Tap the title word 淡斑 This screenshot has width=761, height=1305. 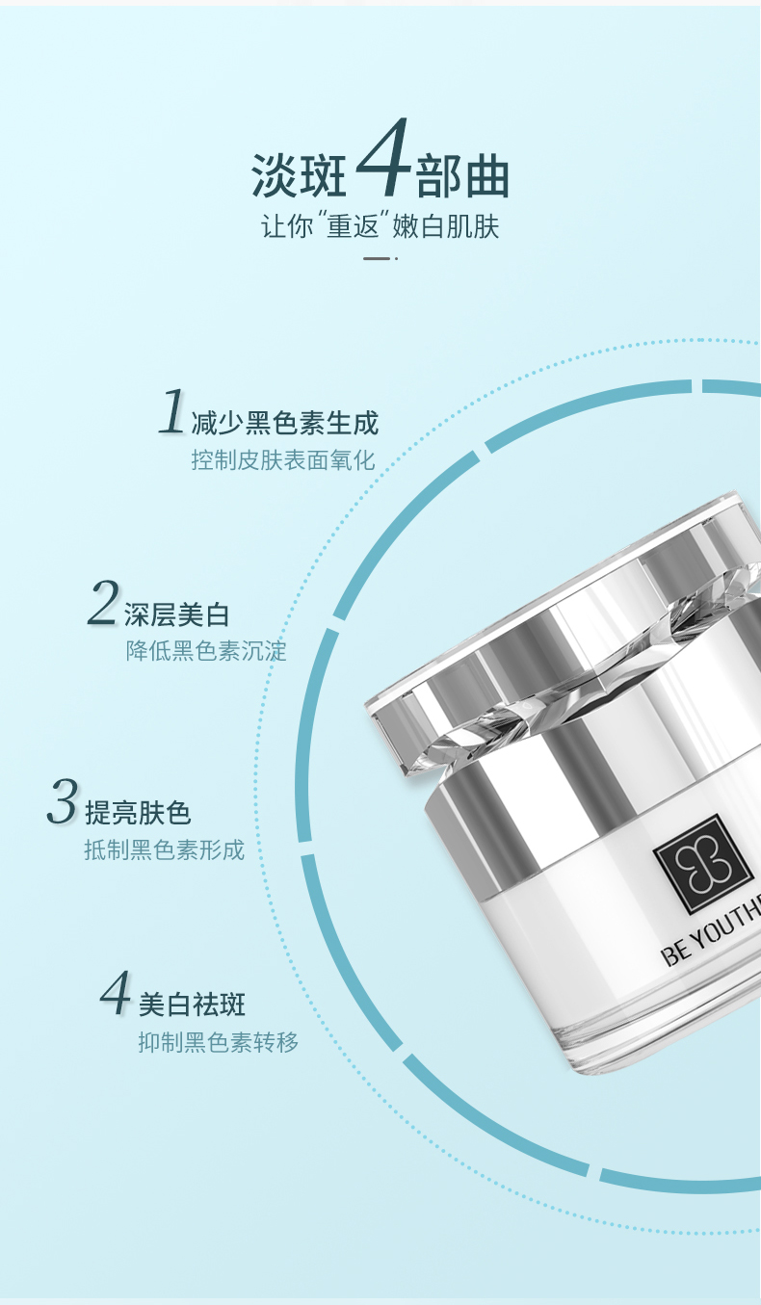(x=300, y=175)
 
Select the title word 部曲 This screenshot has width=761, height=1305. (x=462, y=175)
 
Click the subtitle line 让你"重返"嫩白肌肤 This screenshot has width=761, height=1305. (x=380, y=226)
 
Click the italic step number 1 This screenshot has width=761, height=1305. (x=171, y=411)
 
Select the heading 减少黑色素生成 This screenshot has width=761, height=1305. (x=285, y=423)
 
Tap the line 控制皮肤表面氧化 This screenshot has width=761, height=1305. (x=283, y=460)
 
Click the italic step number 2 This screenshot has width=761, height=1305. (x=103, y=602)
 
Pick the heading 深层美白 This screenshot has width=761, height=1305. (x=176, y=615)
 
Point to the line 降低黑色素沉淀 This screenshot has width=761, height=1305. (x=206, y=651)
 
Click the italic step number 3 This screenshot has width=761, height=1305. (x=63, y=801)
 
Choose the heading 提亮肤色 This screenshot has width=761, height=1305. (x=138, y=813)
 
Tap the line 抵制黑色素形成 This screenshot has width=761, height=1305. (x=165, y=850)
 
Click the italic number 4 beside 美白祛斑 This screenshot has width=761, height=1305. (x=115, y=992)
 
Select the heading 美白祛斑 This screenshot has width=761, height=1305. (x=193, y=1005)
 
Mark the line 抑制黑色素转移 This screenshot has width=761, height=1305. (x=219, y=1042)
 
